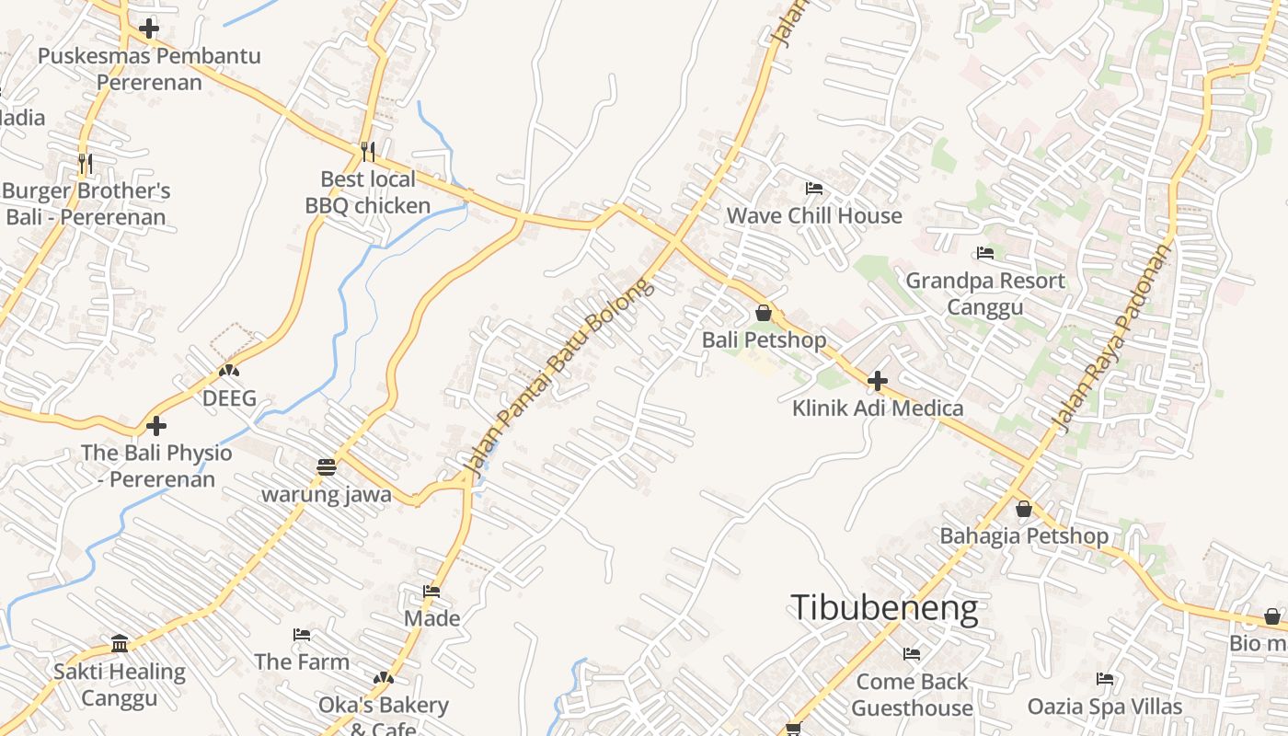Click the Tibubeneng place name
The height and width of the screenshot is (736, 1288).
pyautogui.click(x=883, y=608)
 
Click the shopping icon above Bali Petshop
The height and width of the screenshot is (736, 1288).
pyautogui.click(x=763, y=313)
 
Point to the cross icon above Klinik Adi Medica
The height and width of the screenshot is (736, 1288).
pyautogui.click(x=878, y=380)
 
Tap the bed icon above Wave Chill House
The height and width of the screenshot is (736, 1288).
pyautogui.click(x=813, y=189)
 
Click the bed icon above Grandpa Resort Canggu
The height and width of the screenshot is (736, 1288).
pyautogui.click(x=985, y=253)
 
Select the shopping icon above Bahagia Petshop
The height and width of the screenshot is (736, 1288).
pyautogui.click(x=1023, y=509)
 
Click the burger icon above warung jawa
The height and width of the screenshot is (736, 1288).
pyautogui.click(x=326, y=467)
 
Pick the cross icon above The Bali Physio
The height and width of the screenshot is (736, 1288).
pyautogui.click(x=156, y=426)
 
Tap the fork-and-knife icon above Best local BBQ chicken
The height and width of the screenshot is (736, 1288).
pyautogui.click(x=367, y=151)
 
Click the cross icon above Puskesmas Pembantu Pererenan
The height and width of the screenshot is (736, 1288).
pyautogui.click(x=148, y=29)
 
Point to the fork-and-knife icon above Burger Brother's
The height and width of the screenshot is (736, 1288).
pyautogui.click(x=86, y=164)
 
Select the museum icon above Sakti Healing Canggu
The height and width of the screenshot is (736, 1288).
pyautogui.click(x=119, y=643)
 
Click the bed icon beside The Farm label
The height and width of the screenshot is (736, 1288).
pyautogui.click(x=301, y=635)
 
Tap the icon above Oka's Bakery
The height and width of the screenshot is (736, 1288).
pyautogui.click(x=383, y=679)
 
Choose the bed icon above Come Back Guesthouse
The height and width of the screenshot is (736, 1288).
pyautogui.click(x=912, y=654)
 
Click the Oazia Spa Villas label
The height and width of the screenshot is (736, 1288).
pyautogui.click(x=1104, y=707)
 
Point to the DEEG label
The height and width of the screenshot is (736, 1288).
pyautogui.click(x=229, y=399)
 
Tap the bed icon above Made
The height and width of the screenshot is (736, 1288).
pyautogui.click(x=431, y=591)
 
